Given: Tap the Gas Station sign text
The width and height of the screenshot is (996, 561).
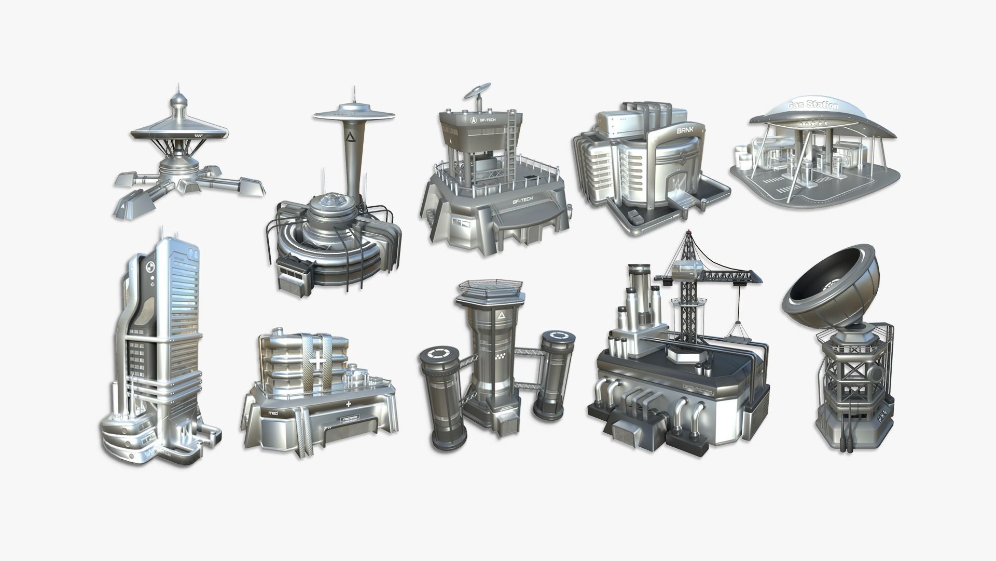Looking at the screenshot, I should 812,105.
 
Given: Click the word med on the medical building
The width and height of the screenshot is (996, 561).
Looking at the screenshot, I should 273,412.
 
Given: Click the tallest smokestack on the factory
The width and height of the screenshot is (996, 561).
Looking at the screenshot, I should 638,291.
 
